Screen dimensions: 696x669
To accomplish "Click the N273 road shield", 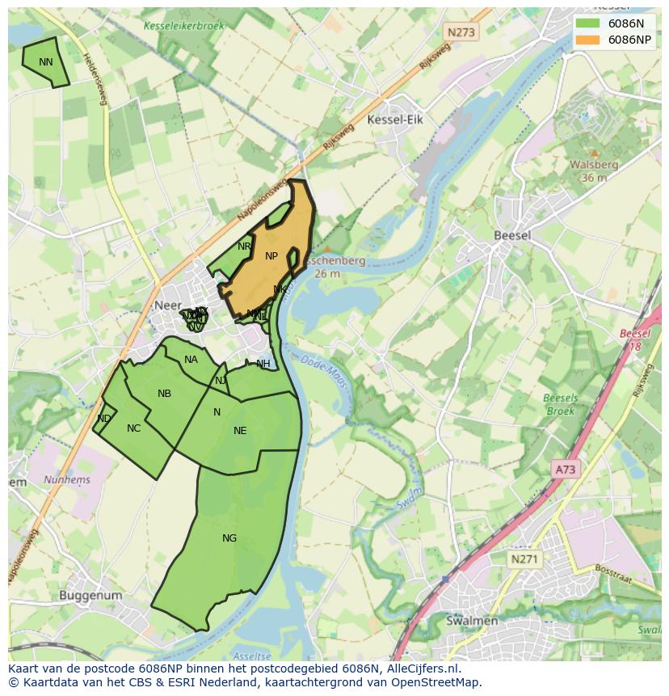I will (461, 32).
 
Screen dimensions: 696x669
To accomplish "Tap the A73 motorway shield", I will (566, 469).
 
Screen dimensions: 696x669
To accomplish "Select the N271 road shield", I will (526, 559).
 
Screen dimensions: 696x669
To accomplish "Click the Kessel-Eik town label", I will (395, 120).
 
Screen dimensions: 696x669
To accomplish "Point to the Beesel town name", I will (512, 235).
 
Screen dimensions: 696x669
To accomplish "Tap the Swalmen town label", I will (472, 621).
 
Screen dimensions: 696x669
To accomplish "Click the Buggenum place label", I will (90, 596).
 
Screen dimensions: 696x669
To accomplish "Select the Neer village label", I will (167, 306).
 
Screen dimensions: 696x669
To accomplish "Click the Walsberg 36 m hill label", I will (594, 171).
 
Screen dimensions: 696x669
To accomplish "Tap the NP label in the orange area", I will (271, 256).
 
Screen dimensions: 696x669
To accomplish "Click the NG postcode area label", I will (229, 538).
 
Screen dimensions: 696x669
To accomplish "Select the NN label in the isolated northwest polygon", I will (45, 62).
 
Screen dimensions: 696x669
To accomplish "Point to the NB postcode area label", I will (164, 394).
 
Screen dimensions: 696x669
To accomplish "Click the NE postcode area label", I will (240, 431).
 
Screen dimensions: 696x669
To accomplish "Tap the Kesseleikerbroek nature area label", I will (184, 26).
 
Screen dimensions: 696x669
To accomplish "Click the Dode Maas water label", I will (325, 373).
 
